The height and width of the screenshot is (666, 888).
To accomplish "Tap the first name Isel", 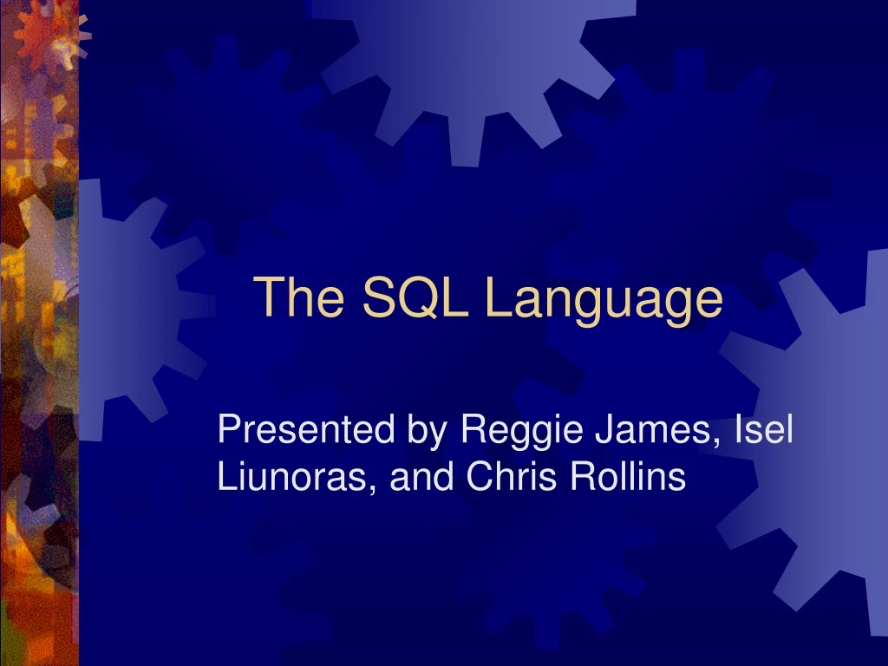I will click(763, 429).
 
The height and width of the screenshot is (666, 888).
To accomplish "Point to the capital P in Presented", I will click(228, 429).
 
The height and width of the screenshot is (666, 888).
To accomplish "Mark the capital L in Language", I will click(497, 297).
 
